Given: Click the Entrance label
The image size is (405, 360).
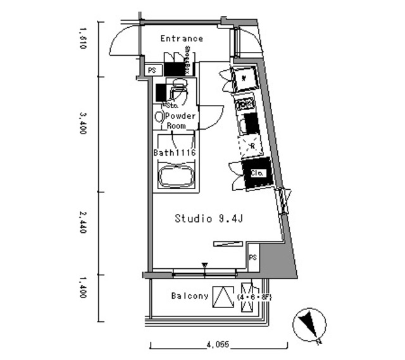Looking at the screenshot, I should pos(182,39).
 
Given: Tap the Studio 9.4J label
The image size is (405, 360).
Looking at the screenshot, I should pos(209,219).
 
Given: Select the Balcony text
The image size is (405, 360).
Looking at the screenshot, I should pos(190,296).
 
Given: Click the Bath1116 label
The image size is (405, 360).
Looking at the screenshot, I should pos(174,153).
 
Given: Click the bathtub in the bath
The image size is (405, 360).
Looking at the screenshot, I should pos(175,175).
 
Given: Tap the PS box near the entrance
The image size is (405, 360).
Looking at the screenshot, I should pos(152,71).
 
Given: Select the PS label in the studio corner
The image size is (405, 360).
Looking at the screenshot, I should pos(252,258).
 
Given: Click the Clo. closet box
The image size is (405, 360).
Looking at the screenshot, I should pos(257,173).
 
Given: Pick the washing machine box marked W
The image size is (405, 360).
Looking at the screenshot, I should pos(244,78).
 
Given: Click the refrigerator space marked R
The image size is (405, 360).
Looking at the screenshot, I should pos(251,146).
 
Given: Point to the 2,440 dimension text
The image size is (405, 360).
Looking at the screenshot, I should pos(82,223).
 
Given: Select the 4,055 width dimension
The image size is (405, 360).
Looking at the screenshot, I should pos(217,345).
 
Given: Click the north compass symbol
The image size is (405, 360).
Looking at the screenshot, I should pos(309,325).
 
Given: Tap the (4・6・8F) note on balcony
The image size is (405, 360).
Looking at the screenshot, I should pos(252,296).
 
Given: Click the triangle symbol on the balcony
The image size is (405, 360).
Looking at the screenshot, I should pos(221,296).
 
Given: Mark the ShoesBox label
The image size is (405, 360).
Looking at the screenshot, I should pos(188,60).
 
